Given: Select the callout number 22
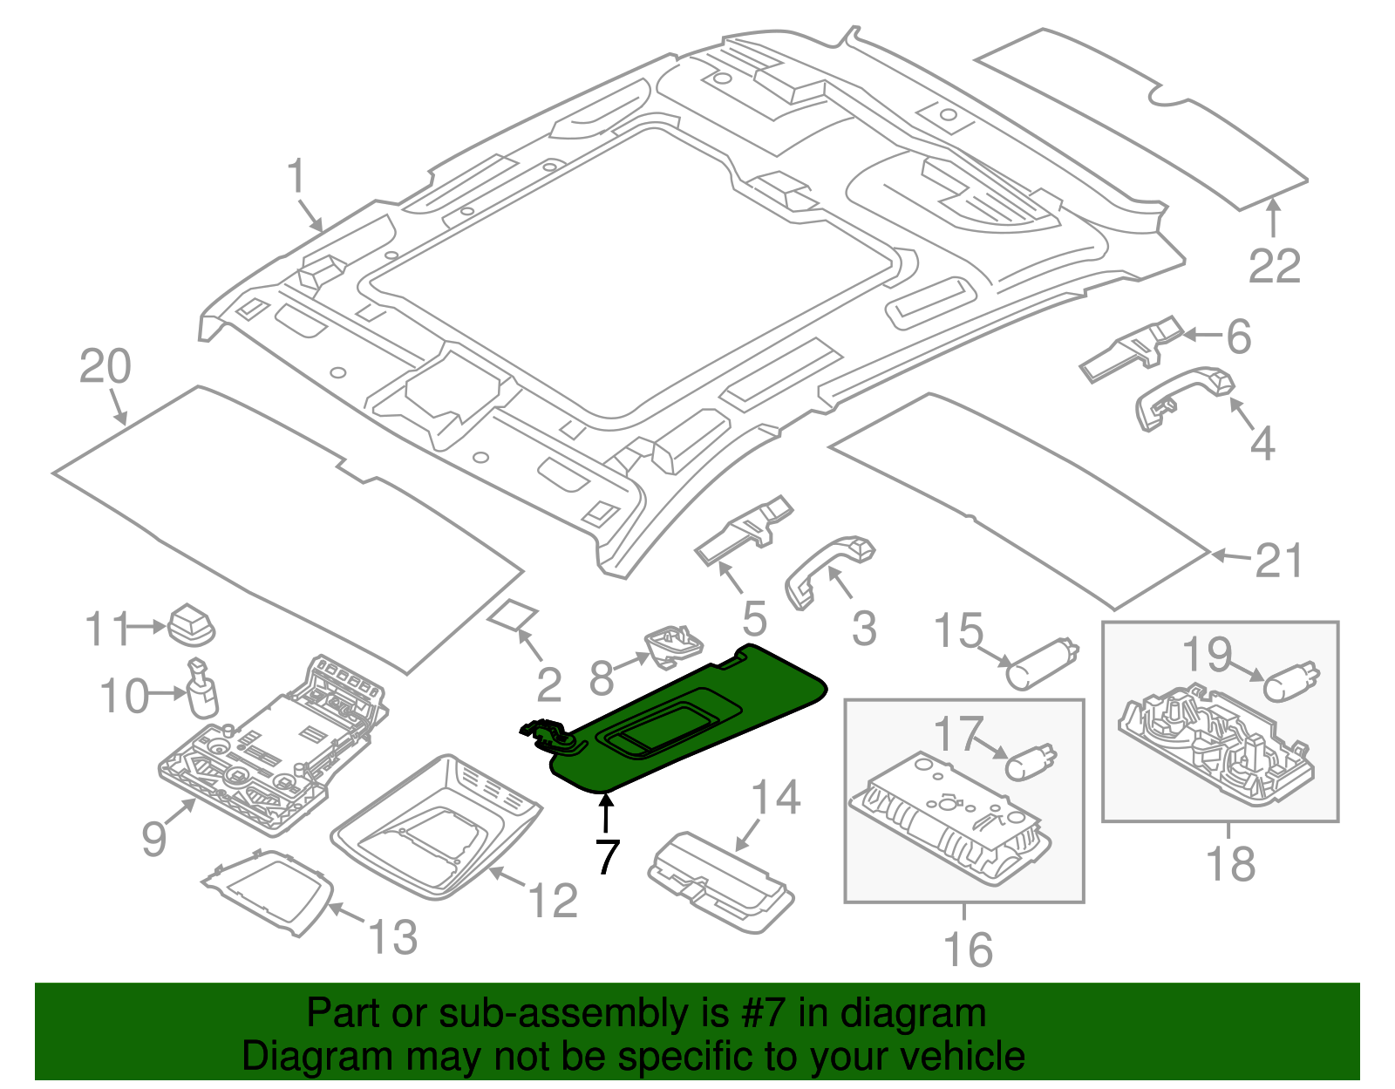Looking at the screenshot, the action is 1275,266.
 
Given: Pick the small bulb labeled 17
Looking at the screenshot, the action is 1031,761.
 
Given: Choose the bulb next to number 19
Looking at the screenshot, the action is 1291,682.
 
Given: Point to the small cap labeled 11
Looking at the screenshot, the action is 191,624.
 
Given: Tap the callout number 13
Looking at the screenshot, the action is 392,937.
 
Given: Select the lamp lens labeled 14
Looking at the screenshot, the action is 720,882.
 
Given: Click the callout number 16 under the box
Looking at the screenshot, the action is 968,949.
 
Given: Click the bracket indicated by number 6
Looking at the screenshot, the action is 1131,349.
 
